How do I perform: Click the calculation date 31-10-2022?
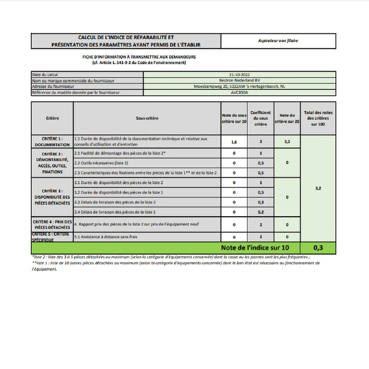[x=239, y=75]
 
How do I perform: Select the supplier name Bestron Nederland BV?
[x=239, y=81]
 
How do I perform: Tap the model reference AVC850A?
[x=239, y=93]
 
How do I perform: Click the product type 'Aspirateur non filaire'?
[x=278, y=41]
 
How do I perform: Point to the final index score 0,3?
[x=318, y=248]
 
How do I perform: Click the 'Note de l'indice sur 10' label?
[x=255, y=248]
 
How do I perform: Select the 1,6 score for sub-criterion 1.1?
[x=234, y=142]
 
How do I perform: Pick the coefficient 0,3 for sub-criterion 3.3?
[x=261, y=202]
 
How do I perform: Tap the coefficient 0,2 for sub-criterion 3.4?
[x=261, y=212]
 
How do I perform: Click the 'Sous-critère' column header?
[x=147, y=118]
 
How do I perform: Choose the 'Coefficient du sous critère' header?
[x=260, y=118]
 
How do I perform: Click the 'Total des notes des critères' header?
[x=318, y=118]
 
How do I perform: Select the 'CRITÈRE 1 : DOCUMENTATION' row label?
[x=52, y=142]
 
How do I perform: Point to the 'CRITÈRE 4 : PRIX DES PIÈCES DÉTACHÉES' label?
[x=52, y=224]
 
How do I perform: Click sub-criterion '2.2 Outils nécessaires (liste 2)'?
[x=101, y=163]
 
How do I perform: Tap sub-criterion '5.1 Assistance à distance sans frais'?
[x=106, y=237]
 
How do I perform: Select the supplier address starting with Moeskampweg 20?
[x=239, y=87]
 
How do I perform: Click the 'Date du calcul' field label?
[x=45, y=75]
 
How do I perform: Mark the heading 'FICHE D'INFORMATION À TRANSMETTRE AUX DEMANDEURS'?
[x=139, y=57]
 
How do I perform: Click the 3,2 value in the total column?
[x=318, y=188]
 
